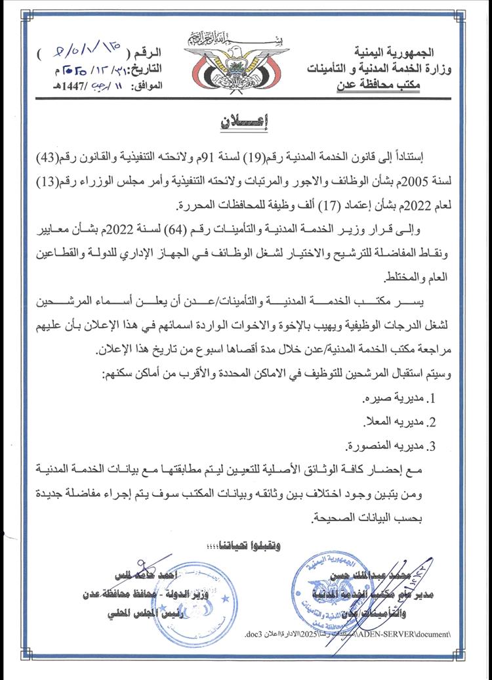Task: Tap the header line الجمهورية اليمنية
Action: click(x=402, y=52)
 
